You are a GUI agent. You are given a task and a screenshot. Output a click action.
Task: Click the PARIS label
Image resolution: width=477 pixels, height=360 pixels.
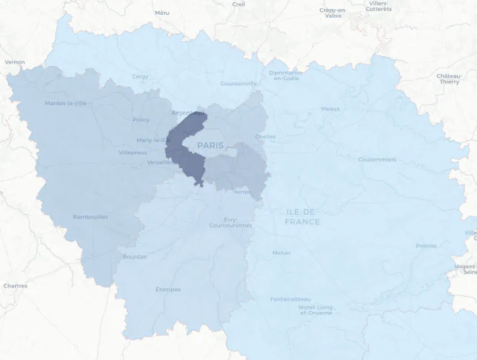(210, 146)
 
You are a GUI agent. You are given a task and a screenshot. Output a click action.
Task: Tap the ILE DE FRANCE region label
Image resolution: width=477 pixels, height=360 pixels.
(302, 216)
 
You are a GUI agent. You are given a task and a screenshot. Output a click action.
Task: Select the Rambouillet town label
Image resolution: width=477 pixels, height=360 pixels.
(90, 216)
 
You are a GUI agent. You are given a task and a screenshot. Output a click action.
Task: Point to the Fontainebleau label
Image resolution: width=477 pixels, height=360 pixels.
(290, 299)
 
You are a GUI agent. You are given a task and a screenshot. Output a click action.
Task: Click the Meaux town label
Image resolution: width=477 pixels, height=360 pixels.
(330, 108)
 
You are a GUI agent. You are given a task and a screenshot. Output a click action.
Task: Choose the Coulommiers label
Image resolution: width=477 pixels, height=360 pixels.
(377, 159)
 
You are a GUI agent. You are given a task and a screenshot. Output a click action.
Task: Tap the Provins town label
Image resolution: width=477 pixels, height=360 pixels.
(426, 246)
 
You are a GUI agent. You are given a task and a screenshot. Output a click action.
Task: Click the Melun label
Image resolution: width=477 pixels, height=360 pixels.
(281, 253)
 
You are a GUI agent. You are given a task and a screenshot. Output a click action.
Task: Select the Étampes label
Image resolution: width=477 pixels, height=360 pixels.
(167, 289)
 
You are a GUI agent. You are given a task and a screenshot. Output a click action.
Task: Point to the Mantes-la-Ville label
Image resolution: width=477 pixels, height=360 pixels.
(66, 103)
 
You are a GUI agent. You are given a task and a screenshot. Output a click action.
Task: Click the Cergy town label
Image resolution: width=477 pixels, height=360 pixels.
(140, 76)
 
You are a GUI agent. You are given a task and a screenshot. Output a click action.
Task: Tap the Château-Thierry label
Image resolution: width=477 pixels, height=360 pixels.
(449, 79)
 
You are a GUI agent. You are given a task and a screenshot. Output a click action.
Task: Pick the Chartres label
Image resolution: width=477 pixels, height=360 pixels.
(15, 285)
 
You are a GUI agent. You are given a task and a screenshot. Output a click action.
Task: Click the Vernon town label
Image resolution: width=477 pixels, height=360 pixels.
(15, 62)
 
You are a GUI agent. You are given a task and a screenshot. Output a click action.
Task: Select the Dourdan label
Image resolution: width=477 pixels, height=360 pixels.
(135, 257)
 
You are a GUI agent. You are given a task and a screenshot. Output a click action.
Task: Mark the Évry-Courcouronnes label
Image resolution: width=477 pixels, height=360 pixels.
(230, 222)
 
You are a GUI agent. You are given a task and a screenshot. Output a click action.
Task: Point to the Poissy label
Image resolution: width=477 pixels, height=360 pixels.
(141, 119)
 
